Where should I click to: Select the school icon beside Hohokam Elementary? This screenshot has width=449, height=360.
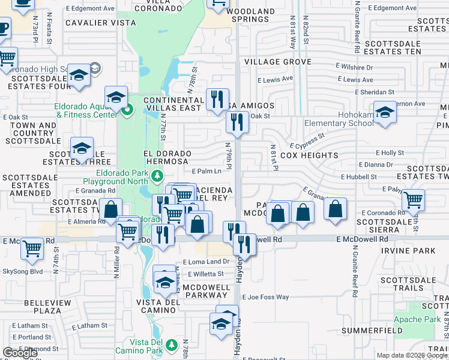(x=385, y=112)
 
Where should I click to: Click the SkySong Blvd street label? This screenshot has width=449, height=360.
(x=22, y=271)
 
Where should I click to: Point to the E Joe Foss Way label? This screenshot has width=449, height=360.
(x=265, y=297)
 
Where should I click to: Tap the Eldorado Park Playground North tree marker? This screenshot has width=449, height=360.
(x=157, y=176)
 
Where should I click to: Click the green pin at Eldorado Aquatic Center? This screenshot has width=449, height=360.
(x=127, y=110)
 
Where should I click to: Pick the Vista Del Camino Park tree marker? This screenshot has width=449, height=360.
(x=172, y=345)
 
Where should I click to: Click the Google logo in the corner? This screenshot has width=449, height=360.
(x=20, y=353)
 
